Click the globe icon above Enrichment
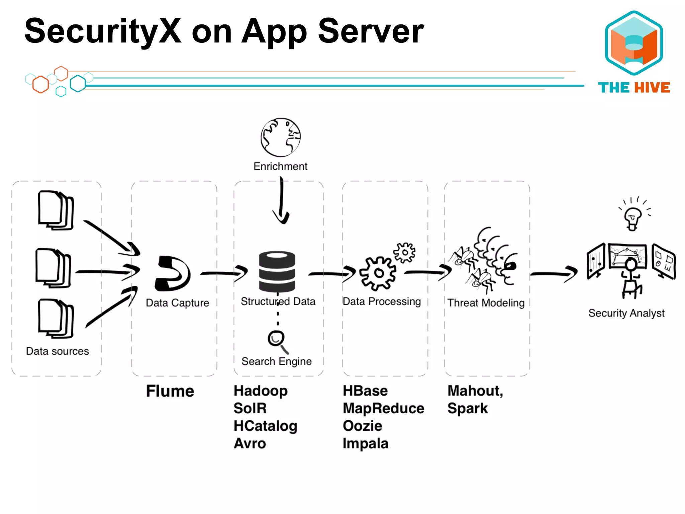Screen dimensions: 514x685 coord(280,137)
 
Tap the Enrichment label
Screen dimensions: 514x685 coord(280,166)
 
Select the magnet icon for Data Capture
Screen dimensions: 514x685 coord(172,273)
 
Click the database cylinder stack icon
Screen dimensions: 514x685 coord(277,271)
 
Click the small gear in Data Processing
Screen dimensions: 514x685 coord(405,252)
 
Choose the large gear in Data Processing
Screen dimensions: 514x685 coord(378,273)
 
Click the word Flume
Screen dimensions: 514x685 coord(170,391)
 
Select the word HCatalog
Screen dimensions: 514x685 coord(265,426)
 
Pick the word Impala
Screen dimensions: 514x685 coord(365,443)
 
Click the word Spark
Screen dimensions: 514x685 coord(467,408)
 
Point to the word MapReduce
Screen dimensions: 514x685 coord(383,408)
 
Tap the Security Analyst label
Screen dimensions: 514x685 coord(626,313)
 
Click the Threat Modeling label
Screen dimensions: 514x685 coord(486,303)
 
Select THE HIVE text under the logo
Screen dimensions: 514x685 coord(634,88)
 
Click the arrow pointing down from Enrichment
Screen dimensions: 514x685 coord(281,201)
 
